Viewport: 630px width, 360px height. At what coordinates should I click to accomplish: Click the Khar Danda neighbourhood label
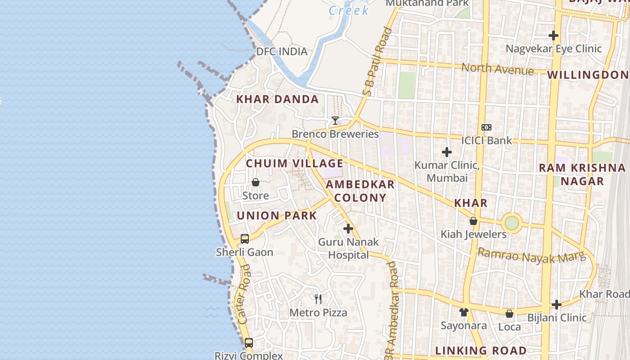point(278,99)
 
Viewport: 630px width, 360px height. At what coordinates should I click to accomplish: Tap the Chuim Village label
point(294,163)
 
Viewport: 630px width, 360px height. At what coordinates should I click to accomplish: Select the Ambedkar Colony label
point(360,191)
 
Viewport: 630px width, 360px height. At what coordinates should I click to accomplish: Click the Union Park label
point(277,216)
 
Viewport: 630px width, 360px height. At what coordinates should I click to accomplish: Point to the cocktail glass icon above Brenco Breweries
point(335,121)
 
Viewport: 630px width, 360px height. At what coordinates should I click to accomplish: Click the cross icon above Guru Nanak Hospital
point(348,229)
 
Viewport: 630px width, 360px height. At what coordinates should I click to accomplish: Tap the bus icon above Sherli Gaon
point(245,239)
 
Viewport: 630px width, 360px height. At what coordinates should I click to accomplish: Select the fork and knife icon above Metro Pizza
point(318,299)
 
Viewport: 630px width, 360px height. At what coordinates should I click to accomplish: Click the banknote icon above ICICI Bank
point(486,127)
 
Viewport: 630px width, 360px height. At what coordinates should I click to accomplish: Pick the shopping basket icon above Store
point(256,182)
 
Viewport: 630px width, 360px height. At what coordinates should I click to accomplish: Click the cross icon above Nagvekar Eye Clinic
point(553,36)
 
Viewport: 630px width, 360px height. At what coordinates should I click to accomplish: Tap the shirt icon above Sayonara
point(464,312)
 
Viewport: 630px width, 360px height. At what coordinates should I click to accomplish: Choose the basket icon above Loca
point(509,314)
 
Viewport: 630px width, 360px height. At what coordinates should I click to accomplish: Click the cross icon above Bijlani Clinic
point(557,305)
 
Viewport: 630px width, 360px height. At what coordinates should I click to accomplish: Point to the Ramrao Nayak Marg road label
point(531,256)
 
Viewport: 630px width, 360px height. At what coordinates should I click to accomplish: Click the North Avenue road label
point(498,69)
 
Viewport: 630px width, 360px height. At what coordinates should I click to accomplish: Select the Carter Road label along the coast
point(244,294)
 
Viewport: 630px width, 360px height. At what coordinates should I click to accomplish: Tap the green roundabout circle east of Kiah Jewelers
point(512,223)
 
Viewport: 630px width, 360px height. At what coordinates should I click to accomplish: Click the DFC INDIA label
point(282,51)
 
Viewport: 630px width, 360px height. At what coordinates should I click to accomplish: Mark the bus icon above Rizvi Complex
point(249,343)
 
